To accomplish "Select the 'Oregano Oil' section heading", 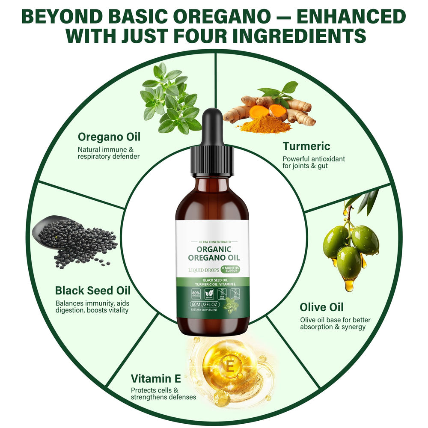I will [x=109, y=137].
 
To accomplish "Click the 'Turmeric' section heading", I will [x=306, y=146].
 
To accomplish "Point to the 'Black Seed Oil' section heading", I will [x=92, y=290].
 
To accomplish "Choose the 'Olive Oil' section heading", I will [x=321, y=307].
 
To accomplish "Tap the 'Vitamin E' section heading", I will [x=156, y=379].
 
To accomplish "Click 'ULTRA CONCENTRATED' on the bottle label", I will [x=212, y=242].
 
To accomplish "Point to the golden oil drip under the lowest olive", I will [x=349, y=284].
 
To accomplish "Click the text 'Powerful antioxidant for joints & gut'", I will [x=313, y=162].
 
